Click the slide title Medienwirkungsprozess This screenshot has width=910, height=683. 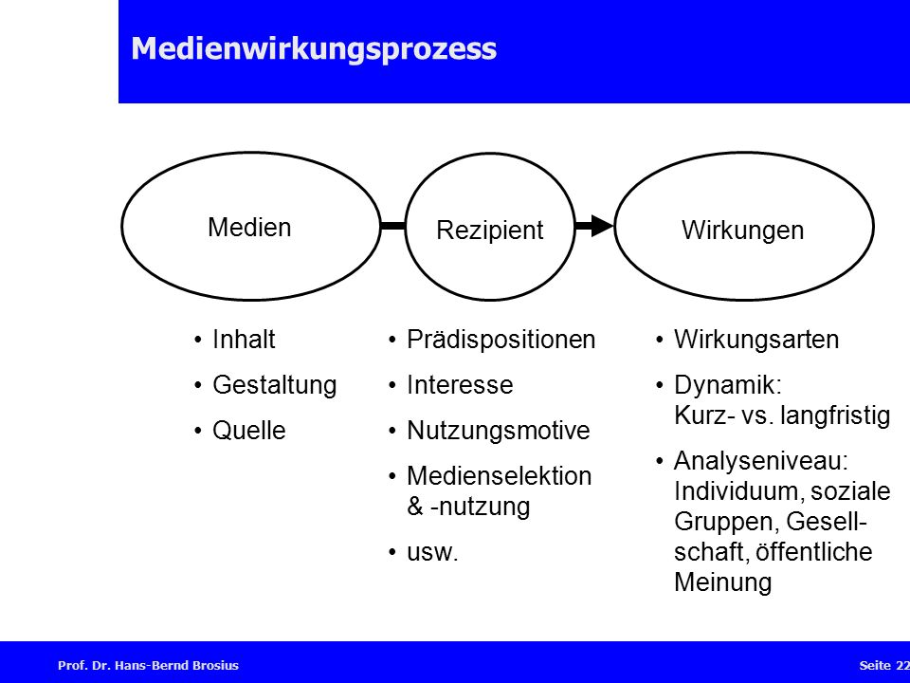coord(314,48)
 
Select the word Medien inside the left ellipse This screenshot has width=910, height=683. coord(249,227)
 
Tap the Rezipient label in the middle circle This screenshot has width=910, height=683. coord(490,230)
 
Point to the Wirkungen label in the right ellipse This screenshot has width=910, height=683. coord(743,230)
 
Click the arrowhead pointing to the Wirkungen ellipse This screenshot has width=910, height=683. coord(603,226)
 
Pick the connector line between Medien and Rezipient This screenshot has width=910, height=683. coord(392,226)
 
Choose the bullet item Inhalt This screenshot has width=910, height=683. coord(244,340)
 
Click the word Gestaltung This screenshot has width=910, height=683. coord(275,385)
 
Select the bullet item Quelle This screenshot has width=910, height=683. coord(249,431)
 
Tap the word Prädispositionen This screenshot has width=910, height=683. coord(500,340)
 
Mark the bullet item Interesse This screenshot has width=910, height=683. coord(460,385)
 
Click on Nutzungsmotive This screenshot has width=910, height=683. coord(498,431)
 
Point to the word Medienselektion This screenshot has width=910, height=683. coord(500,475)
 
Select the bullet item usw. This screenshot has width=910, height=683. coord(432,552)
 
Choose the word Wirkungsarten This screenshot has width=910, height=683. coord(756,340)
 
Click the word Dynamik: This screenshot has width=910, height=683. coord(728,385)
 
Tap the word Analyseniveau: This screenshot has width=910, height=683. coord(761,461)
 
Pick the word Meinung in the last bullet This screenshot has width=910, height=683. coord(723,581)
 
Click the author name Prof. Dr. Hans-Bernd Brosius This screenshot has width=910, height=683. coord(148,666)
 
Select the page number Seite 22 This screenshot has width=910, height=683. coord(884,666)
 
